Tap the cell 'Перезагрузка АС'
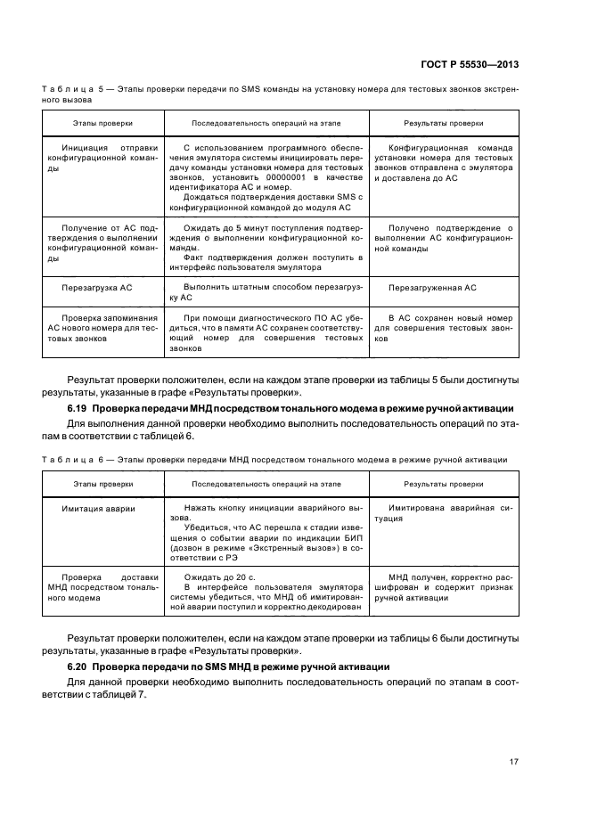[x=96, y=288]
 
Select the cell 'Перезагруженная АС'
[x=432, y=288]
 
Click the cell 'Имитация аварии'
[x=98, y=508]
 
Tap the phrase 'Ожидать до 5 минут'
[x=225, y=229]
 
